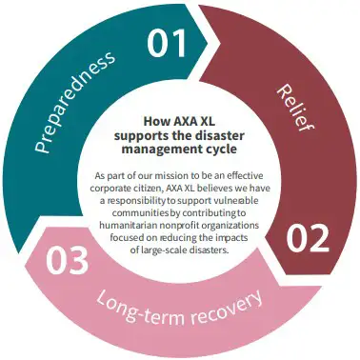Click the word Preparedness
point(74,102)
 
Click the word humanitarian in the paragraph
point(134,225)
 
